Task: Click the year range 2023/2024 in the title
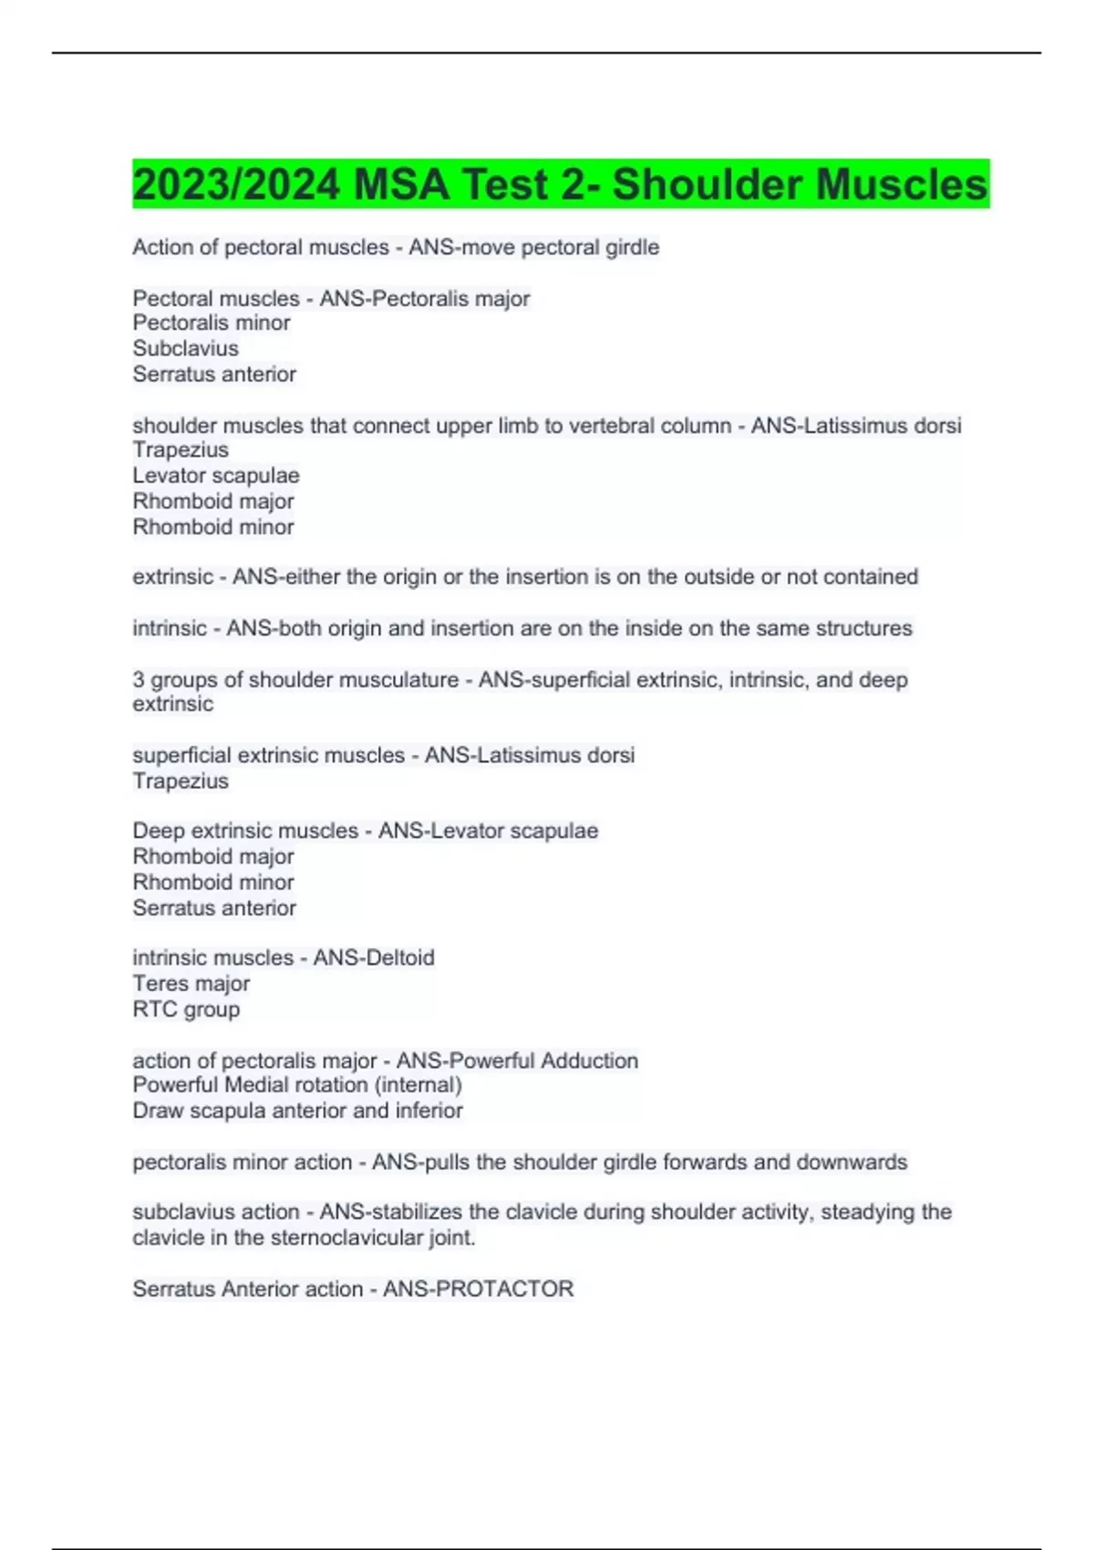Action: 236,184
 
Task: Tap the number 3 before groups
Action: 139,680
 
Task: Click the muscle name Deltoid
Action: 401,958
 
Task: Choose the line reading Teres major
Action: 191,984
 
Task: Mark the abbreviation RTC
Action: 154,1009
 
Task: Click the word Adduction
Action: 590,1061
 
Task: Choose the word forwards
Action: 705,1162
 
